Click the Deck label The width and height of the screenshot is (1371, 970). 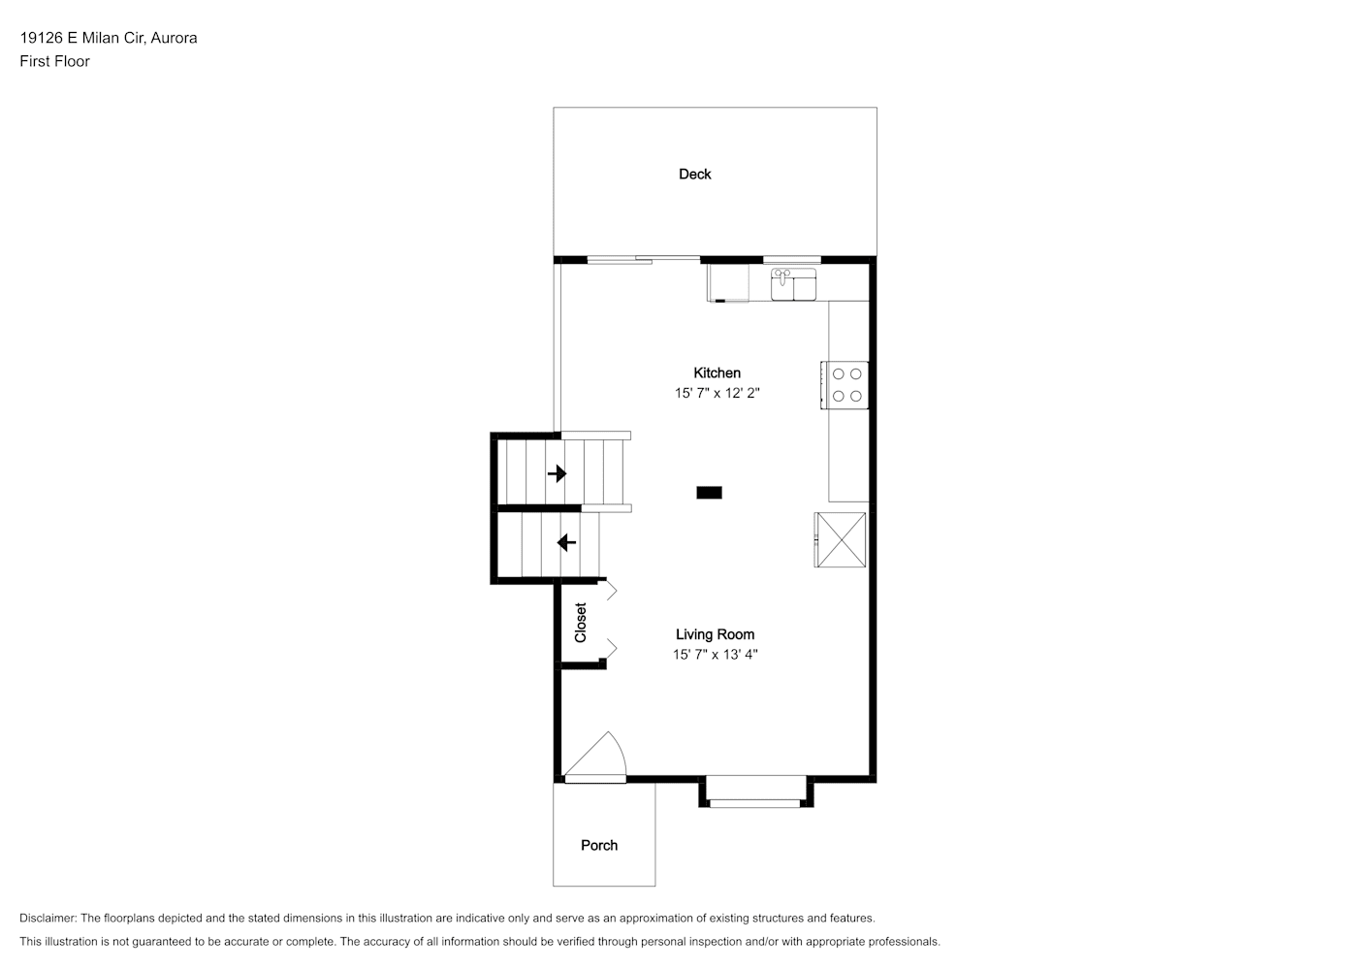click(694, 174)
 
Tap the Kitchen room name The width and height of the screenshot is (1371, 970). click(717, 372)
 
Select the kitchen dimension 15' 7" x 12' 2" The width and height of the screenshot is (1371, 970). click(717, 393)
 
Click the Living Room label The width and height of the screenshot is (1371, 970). click(715, 634)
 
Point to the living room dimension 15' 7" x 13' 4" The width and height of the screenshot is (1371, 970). click(715, 655)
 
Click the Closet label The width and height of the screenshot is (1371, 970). click(580, 623)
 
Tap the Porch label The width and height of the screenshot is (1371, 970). click(599, 845)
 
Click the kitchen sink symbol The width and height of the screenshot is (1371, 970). click(793, 284)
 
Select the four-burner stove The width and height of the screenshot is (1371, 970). click(845, 385)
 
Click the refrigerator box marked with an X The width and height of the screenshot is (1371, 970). click(841, 539)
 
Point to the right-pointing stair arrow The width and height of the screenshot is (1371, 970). click(557, 473)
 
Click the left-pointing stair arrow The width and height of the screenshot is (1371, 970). click(567, 542)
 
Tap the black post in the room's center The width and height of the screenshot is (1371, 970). click(710, 493)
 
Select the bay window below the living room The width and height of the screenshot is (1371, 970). click(756, 793)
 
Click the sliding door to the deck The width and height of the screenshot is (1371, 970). click(643, 260)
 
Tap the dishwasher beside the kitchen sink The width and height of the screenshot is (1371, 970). click(728, 283)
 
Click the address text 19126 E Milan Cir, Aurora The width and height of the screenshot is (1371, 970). click(109, 38)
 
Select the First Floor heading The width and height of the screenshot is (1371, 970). click(54, 61)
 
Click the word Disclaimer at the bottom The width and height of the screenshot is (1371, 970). click(48, 918)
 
